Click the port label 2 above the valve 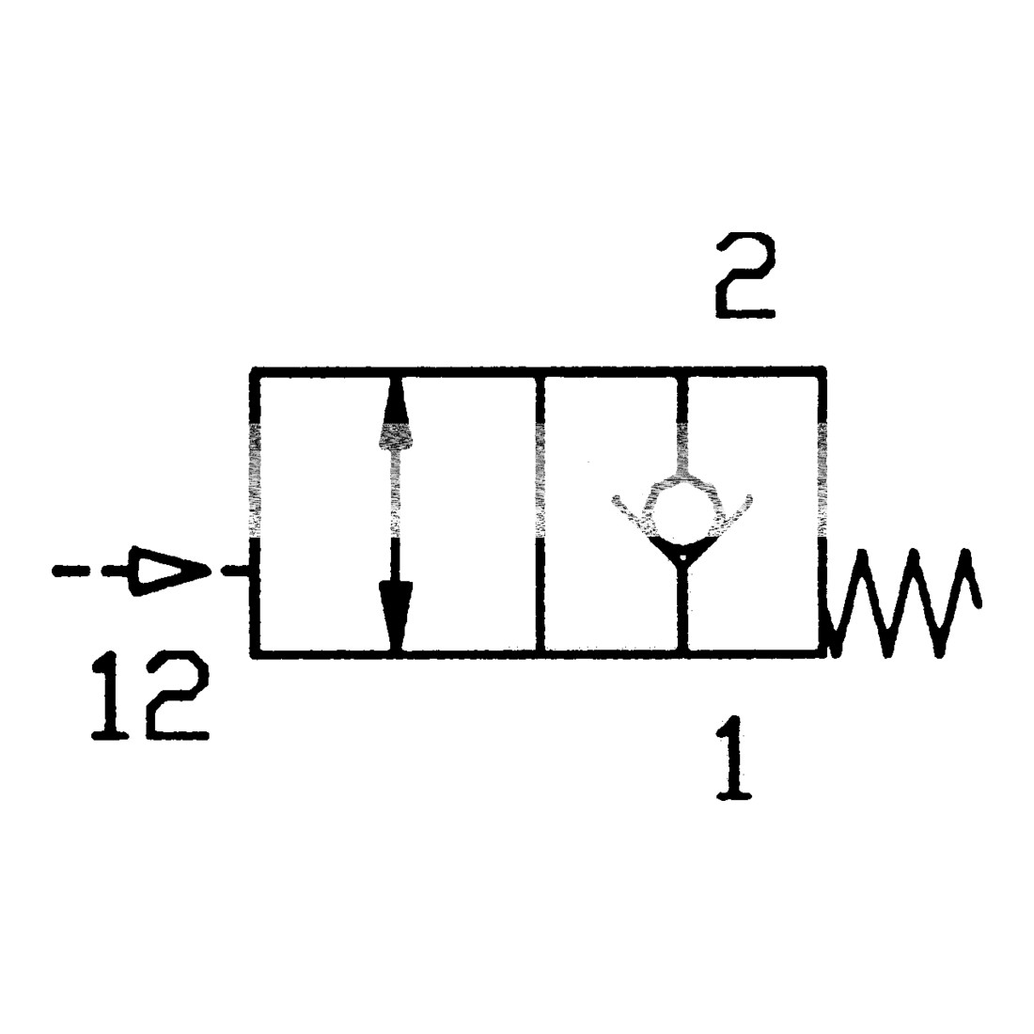[x=744, y=275]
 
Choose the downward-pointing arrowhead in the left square [x=396, y=616]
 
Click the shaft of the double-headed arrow [x=396, y=514]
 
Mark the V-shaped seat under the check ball [x=682, y=533]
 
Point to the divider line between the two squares [x=540, y=513]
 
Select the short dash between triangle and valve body [x=234, y=571]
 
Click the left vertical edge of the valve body [x=255, y=513]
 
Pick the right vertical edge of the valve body [x=822, y=513]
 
